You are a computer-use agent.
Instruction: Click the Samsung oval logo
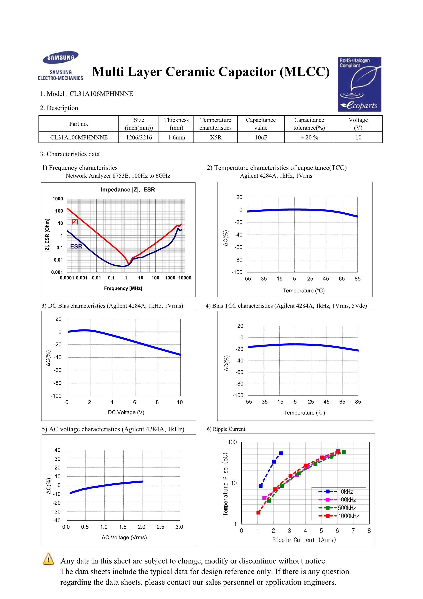click(61, 57)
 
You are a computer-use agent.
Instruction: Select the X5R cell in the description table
click(216, 137)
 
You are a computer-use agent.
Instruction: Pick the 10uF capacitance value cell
click(261, 137)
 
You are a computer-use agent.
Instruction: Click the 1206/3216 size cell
click(139, 137)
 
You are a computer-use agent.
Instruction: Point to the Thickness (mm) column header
click(177, 124)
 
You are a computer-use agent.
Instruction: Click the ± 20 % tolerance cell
click(309, 137)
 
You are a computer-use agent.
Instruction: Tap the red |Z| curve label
click(75, 222)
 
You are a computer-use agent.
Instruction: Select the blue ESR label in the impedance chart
click(76, 246)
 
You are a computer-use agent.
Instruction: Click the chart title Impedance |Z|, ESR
click(128, 190)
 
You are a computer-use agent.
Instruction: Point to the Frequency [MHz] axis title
click(123, 288)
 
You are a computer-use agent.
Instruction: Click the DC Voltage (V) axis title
click(126, 412)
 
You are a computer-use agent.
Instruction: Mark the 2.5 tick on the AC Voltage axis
click(161, 527)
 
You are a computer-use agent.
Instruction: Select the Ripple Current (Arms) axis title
click(304, 540)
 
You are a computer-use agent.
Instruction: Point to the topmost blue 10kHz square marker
click(281, 453)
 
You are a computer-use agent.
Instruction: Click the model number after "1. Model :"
click(101, 94)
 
